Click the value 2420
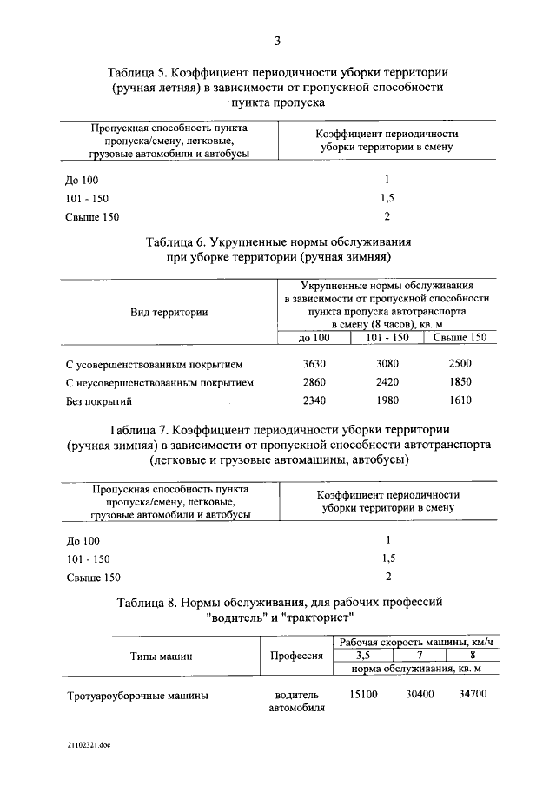(387, 381)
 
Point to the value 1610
(460, 400)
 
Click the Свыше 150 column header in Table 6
(460, 337)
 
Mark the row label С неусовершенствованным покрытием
(160, 382)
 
